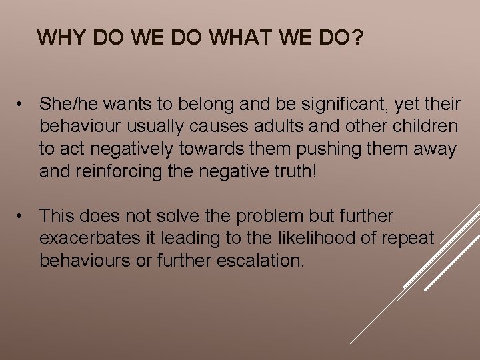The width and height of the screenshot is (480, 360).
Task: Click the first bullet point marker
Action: pyautogui.click(x=23, y=104)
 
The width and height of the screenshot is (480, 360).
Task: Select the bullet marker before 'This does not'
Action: pyautogui.click(x=23, y=216)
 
